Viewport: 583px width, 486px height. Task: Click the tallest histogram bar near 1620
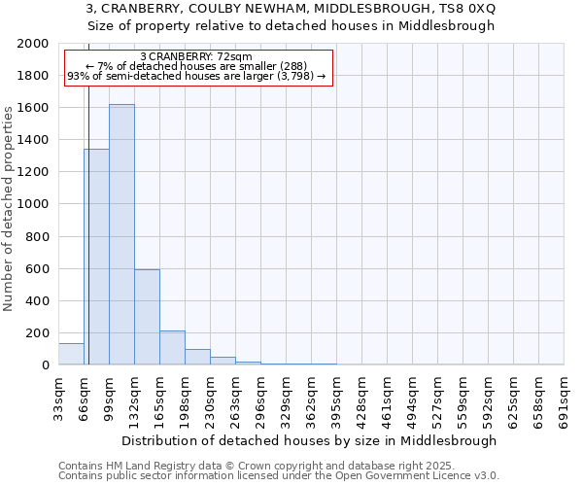coord(121,234)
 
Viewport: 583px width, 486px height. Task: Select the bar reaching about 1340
coord(96,257)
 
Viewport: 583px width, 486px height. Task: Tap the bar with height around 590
coord(147,317)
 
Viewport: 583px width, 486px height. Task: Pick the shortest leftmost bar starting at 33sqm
coord(71,354)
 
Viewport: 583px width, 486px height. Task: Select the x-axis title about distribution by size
coord(311,440)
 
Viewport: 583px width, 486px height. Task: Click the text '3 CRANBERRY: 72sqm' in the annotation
coord(195,57)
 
